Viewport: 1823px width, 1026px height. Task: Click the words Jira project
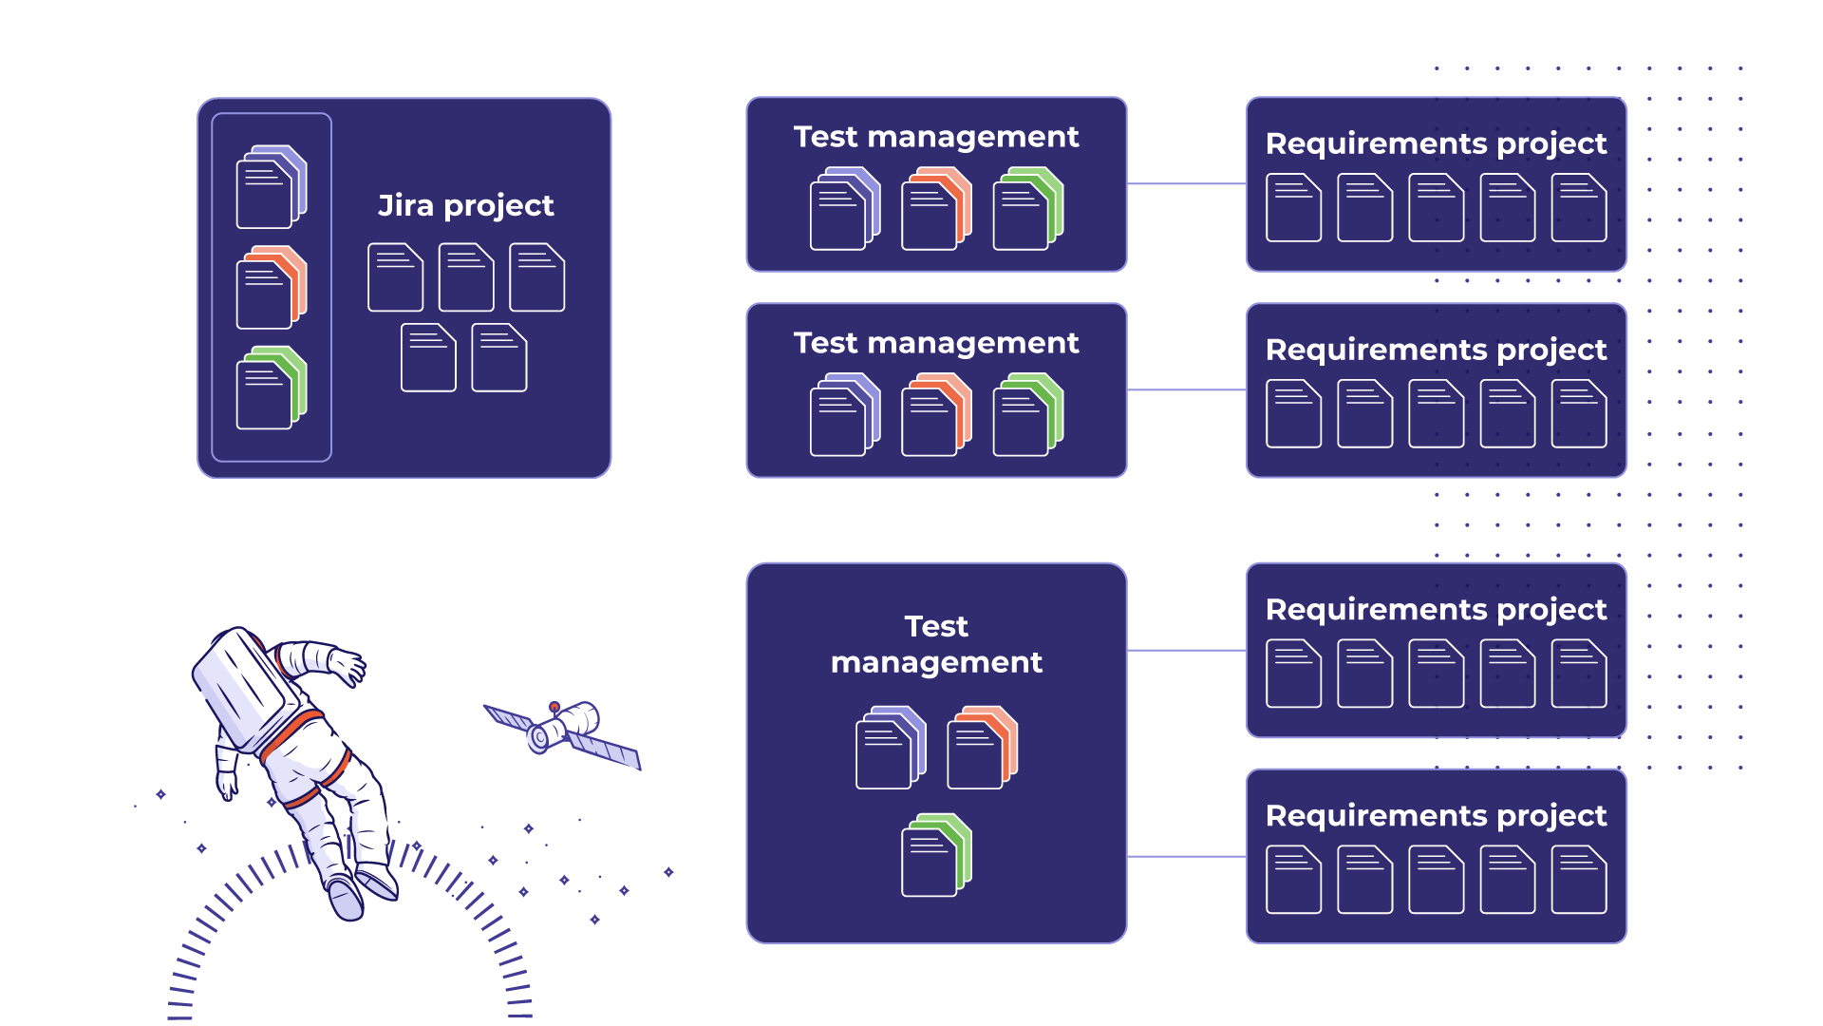pos(465,205)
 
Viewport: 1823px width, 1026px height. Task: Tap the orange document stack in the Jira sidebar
pos(272,287)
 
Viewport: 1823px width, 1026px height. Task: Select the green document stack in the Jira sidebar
pos(272,388)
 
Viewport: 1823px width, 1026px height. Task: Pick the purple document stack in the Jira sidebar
pos(272,186)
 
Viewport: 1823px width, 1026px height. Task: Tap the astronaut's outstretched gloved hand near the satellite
pos(348,665)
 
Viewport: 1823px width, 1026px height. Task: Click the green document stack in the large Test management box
pos(936,855)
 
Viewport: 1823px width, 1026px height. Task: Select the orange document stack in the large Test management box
pos(982,747)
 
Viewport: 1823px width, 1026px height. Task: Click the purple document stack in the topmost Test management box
pos(845,208)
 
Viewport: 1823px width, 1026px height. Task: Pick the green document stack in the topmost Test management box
pos(1028,208)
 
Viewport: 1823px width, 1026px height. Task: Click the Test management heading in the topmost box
pos(936,137)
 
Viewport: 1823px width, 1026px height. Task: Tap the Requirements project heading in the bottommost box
pos(1436,815)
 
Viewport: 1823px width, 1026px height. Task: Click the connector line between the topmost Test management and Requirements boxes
pos(1186,183)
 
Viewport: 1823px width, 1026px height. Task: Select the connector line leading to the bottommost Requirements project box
pos(1186,857)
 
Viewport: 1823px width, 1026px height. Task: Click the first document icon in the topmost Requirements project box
pos(1293,207)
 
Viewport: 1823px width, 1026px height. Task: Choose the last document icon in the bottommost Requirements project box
pos(1578,880)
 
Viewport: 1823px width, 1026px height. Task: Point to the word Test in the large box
pos(936,626)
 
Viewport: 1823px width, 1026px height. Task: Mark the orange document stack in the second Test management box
pos(936,414)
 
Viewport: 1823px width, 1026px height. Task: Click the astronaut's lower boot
pos(346,898)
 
